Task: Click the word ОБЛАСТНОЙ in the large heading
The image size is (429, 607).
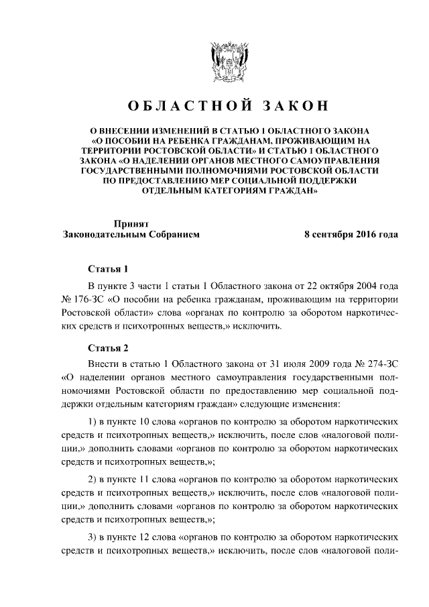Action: point(182,107)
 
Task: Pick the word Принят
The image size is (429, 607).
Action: point(131,223)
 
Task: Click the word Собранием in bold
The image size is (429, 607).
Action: point(168,235)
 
